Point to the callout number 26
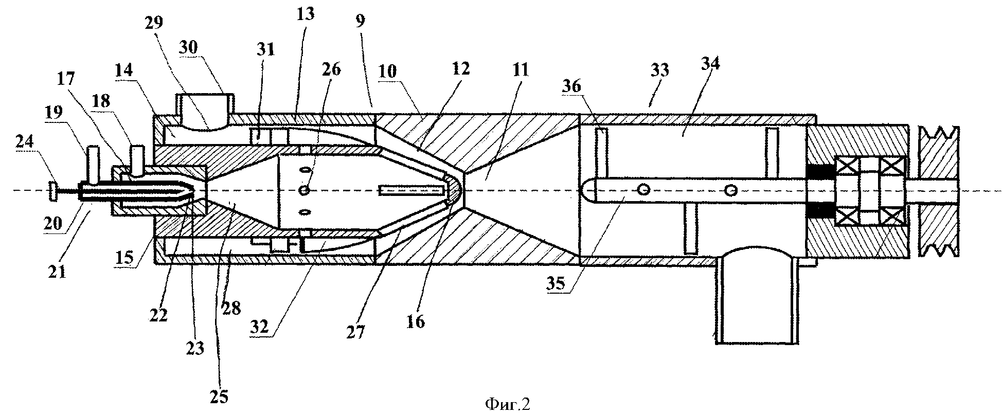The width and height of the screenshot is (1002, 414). [x=331, y=69]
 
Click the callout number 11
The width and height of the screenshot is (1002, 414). [x=520, y=69]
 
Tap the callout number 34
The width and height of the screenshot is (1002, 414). [x=710, y=64]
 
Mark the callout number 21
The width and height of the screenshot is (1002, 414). [x=58, y=271]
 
